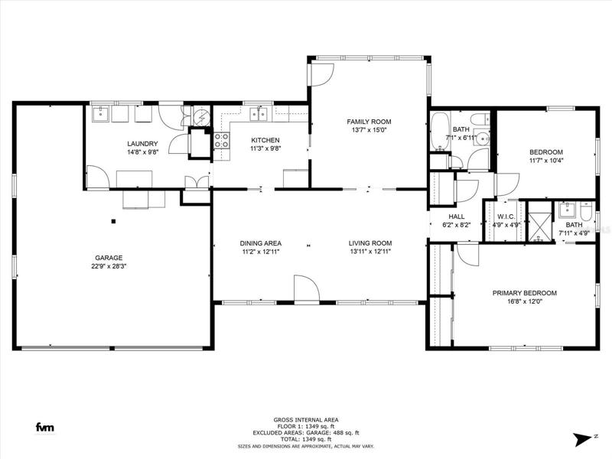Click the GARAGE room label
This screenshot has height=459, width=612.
[x=109, y=258]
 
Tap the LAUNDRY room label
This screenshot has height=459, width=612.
[x=142, y=144]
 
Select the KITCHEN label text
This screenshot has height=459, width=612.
[x=265, y=140]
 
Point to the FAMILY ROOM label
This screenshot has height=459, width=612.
[x=369, y=122]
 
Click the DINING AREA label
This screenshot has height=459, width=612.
[x=261, y=243]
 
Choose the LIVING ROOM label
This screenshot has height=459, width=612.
[x=370, y=243]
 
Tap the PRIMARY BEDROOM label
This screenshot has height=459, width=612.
[x=525, y=293]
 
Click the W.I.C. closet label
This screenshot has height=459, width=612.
[x=506, y=216]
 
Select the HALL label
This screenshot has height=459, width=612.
[x=457, y=216]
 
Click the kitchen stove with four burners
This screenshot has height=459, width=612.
[x=222, y=141]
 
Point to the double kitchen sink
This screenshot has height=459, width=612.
[x=259, y=114]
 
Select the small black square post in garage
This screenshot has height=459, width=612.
[x=113, y=221]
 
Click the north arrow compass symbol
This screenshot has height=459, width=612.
[x=583, y=438]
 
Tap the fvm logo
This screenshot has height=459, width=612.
[x=45, y=428]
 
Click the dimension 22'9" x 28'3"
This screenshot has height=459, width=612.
[x=109, y=266]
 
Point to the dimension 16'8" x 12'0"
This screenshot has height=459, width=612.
[x=525, y=301]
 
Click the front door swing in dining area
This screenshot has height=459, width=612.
[x=307, y=288]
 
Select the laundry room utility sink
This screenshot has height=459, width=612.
[x=101, y=113]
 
